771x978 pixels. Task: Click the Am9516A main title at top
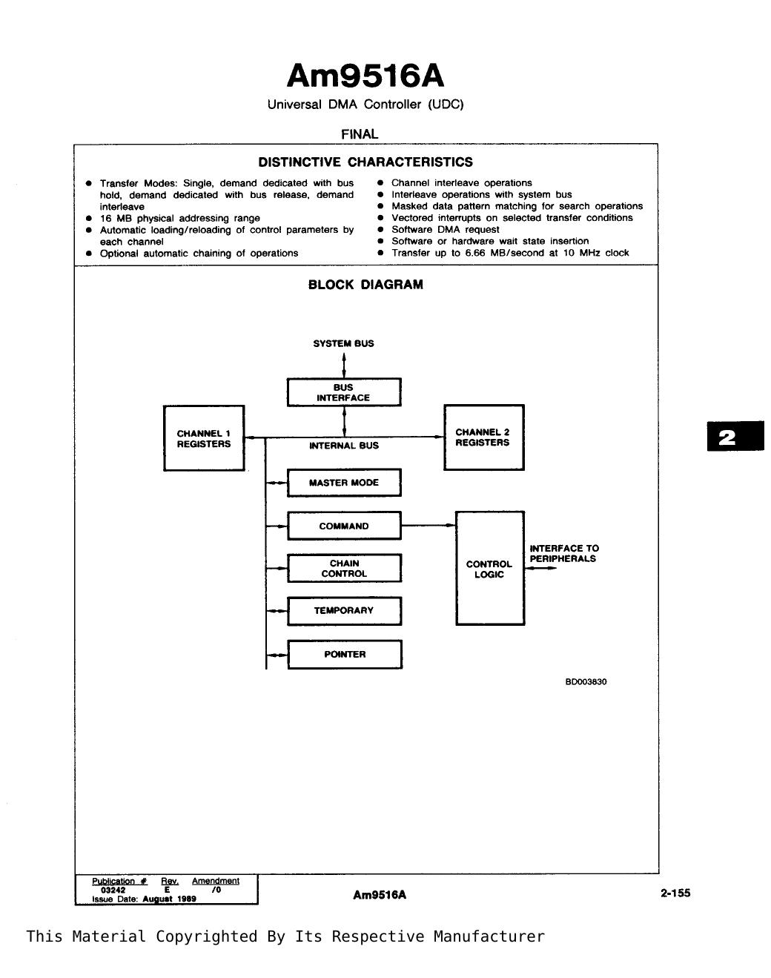365,76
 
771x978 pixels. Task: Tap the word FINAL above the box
360,134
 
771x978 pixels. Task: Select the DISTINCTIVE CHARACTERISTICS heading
365,162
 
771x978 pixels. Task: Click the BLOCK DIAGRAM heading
365,285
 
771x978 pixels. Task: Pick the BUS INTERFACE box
344,392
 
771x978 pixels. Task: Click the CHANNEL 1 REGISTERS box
204,438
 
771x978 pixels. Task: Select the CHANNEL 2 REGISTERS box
484,437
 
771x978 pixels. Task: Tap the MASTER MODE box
344,483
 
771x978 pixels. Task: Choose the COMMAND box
344,526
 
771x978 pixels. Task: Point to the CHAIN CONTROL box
345,568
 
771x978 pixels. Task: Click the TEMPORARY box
345,611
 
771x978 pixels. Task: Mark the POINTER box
345,655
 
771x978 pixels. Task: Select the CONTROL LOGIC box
490,569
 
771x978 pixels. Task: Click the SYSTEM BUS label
343,343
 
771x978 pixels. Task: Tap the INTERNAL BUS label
344,446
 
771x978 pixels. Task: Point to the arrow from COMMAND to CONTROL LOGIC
428,526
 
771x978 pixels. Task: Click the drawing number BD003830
586,681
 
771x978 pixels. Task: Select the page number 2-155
675,893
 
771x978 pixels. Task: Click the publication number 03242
113,890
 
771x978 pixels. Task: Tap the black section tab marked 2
735,436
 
